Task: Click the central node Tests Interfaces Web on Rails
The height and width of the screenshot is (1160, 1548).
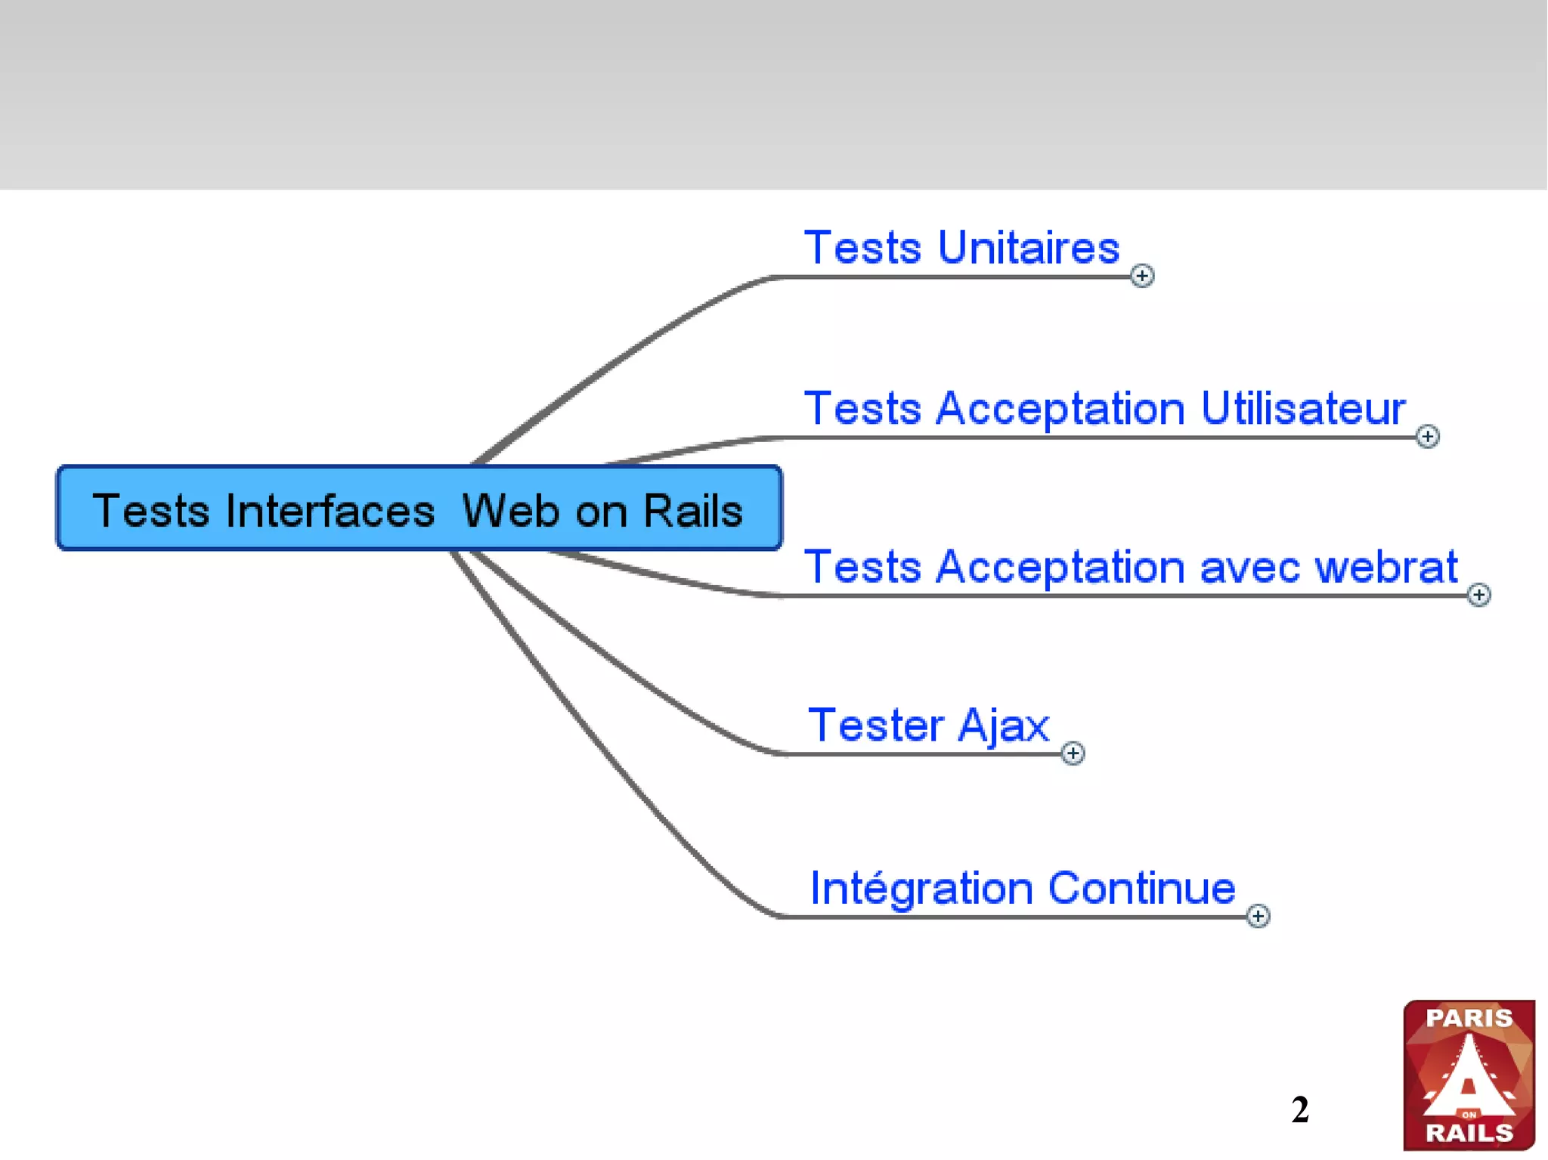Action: click(x=420, y=509)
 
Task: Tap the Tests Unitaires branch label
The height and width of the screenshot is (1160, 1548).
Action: click(x=961, y=248)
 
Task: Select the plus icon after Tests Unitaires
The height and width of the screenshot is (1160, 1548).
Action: click(x=1141, y=276)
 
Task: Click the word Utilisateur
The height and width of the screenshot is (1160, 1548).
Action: click(x=1302, y=409)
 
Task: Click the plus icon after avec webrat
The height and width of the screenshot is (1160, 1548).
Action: click(x=1478, y=595)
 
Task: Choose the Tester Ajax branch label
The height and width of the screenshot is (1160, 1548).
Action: click(x=928, y=725)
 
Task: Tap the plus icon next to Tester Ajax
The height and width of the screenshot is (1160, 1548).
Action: click(x=1072, y=753)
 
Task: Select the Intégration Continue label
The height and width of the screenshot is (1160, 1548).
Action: click(x=1022, y=888)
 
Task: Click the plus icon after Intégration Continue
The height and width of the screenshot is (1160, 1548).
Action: click(x=1257, y=916)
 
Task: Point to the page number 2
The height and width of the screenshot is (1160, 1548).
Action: click(x=1299, y=1109)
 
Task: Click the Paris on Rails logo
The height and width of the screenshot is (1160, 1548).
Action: click(x=1468, y=1075)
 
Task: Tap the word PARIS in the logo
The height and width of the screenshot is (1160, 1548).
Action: click(x=1469, y=1018)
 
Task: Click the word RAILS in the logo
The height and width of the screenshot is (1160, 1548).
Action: click(x=1469, y=1132)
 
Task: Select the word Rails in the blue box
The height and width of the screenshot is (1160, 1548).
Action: click(x=692, y=511)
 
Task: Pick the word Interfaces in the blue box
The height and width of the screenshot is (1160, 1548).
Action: click(x=330, y=511)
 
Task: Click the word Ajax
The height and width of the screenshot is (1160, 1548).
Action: click(x=1003, y=725)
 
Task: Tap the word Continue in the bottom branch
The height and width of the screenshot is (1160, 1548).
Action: click(x=1141, y=888)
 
